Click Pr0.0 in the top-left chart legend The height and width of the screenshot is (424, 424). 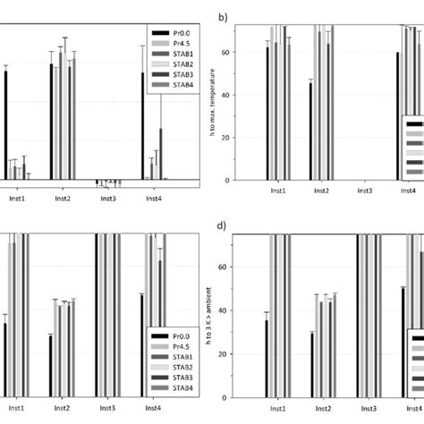(x=173, y=33)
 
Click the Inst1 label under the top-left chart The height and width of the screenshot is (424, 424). (x=17, y=199)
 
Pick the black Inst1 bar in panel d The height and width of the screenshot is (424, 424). (x=267, y=359)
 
